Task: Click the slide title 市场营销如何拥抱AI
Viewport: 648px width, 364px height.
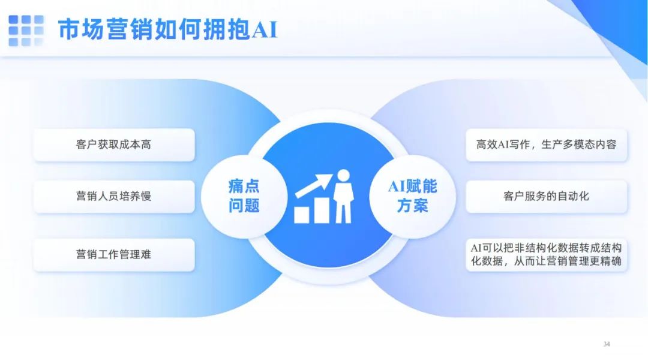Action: click(x=167, y=29)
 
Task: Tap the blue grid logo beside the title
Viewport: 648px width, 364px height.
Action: click(x=26, y=31)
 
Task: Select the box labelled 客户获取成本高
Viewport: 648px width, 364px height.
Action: click(x=114, y=145)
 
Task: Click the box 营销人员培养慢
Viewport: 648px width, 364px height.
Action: click(x=114, y=196)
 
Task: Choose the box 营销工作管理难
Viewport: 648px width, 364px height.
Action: click(x=114, y=254)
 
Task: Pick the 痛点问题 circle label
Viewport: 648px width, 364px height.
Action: click(x=244, y=196)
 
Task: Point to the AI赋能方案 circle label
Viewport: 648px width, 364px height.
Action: click(x=412, y=196)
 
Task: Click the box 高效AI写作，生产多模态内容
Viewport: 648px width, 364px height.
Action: click(x=547, y=145)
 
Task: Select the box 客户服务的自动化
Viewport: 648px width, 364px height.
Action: click(x=547, y=196)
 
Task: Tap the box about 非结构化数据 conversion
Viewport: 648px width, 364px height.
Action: click(x=547, y=254)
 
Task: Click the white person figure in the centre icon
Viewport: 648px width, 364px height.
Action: click(x=343, y=196)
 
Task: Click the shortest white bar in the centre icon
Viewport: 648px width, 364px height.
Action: click(x=301, y=215)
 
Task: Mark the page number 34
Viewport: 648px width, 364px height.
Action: click(x=607, y=344)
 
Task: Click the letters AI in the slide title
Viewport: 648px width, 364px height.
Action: click(x=264, y=30)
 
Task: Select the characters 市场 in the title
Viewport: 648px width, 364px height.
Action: click(x=81, y=29)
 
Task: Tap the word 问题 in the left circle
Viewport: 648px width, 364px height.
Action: click(x=244, y=205)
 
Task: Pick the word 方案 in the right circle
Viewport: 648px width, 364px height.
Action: click(x=412, y=205)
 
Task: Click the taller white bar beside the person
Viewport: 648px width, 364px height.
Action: click(x=322, y=210)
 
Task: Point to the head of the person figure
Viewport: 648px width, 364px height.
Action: click(x=343, y=176)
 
